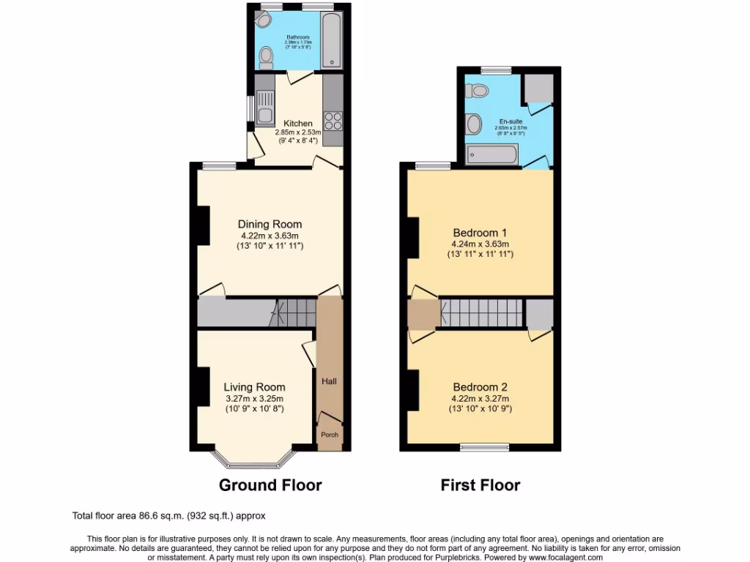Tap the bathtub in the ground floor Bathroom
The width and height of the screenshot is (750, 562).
pyautogui.click(x=332, y=41)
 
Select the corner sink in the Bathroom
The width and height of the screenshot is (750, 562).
pyautogui.click(x=264, y=20)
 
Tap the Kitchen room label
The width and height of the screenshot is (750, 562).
pyautogui.click(x=298, y=123)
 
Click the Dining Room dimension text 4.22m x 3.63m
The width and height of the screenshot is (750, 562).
pyautogui.click(x=270, y=236)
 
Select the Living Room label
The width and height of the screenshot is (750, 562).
pyautogui.click(x=254, y=387)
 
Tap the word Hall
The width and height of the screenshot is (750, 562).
pyautogui.click(x=329, y=381)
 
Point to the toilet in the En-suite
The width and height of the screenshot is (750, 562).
pyautogui.click(x=480, y=91)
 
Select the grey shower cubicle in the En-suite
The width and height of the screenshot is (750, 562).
pyautogui.click(x=538, y=89)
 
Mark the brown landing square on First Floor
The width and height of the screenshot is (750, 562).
pyautogui.click(x=423, y=314)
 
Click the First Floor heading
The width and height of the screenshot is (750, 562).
pyautogui.click(x=480, y=484)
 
